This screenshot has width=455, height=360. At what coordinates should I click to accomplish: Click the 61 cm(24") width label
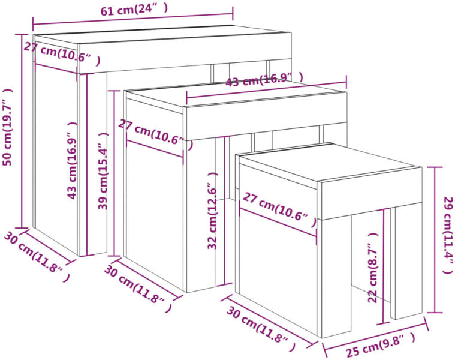click(x=134, y=10)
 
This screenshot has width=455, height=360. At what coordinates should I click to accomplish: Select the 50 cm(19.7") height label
click(x=8, y=127)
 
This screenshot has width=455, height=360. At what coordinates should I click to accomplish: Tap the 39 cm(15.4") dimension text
click(x=103, y=171)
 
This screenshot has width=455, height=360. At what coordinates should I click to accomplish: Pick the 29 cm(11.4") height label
click(x=448, y=235)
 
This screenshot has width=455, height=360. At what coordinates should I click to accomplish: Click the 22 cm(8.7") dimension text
click(x=373, y=268)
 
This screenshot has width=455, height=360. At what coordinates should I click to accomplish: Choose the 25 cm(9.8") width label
click(x=381, y=345)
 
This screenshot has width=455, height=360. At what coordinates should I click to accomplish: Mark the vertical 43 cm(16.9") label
click(x=73, y=160)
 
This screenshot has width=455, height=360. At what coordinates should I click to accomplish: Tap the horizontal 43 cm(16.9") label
click(x=264, y=79)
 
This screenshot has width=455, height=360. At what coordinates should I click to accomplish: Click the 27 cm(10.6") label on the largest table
click(x=62, y=54)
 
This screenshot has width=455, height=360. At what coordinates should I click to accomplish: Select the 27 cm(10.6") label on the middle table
click(x=156, y=134)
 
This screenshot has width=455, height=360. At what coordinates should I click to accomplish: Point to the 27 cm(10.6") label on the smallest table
click(x=279, y=210)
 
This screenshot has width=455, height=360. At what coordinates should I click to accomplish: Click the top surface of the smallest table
click(x=331, y=163)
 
